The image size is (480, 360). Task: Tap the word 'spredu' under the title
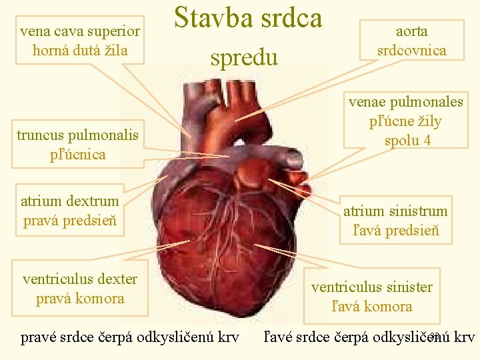[243, 57]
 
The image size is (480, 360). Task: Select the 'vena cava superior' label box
[80, 40]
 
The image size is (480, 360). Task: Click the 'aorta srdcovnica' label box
[411, 41]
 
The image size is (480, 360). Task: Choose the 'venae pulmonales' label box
[405, 121]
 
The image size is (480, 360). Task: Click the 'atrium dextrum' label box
[70, 211]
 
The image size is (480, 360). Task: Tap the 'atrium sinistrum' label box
[395, 221]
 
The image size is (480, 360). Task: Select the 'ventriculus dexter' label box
[80, 288]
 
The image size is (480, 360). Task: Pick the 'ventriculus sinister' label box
[371, 297]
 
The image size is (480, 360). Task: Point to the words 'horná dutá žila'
[80, 50]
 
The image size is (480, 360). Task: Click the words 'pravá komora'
[80, 298]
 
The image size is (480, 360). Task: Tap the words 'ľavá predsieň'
[395, 231]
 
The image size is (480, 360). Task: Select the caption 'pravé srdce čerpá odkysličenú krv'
[130, 337]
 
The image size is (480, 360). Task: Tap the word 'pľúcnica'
[79, 154]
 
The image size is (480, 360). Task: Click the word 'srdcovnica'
[411, 50]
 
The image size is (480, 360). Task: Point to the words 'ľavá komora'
[371, 307]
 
